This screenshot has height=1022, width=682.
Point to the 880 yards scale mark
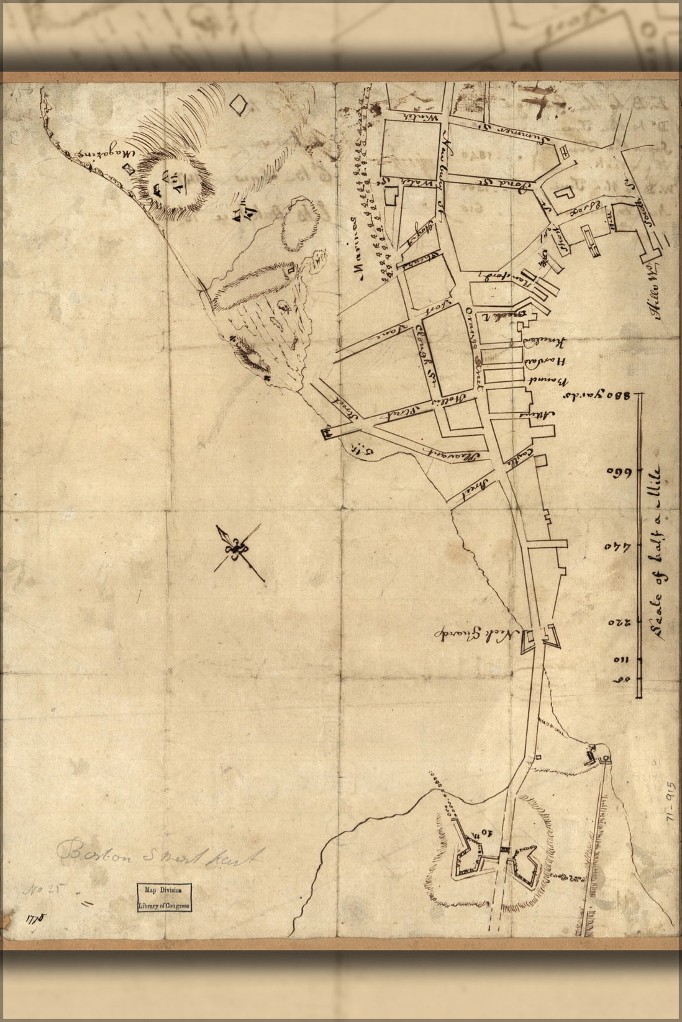(x=597, y=395)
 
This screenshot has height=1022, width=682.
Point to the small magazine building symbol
(x=129, y=168)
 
